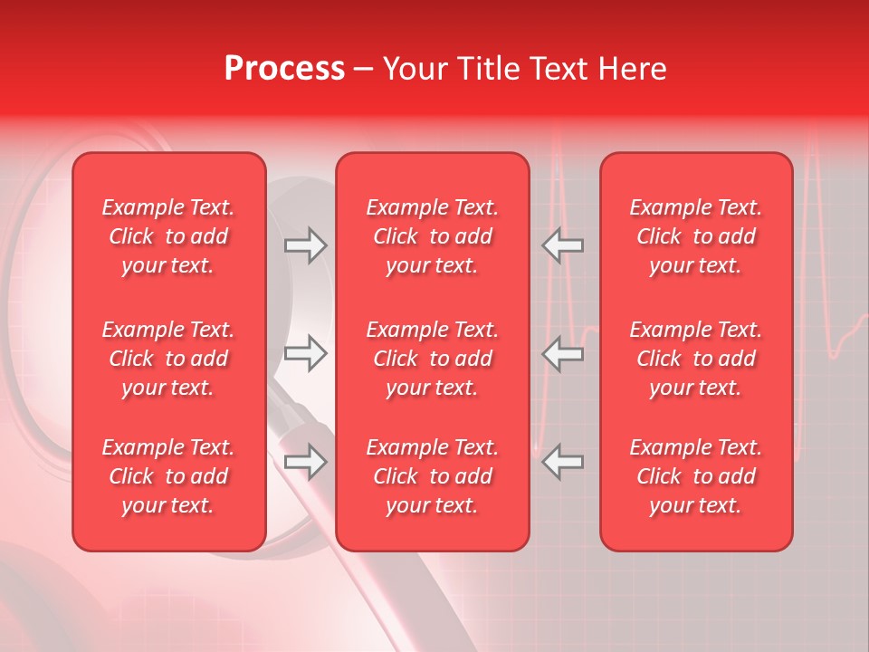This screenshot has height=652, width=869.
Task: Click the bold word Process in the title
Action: [x=284, y=69]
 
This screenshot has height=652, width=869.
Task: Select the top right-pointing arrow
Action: [x=305, y=245]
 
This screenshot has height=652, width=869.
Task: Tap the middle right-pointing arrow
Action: [x=305, y=354]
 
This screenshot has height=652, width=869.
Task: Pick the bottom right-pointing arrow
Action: [x=305, y=463]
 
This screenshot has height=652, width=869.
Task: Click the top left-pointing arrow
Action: [x=562, y=245]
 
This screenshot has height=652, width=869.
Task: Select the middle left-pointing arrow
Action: [x=562, y=354]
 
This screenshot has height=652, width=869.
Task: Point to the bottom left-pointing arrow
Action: [x=562, y=463]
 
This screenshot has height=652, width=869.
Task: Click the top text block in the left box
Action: [x=168, y=236]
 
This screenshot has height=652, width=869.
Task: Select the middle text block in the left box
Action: [x=168, y=359]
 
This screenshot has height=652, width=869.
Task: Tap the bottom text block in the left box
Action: [x=168, y=476]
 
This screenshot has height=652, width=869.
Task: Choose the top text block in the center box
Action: [x=432, y=236]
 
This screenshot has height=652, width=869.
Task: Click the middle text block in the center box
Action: [x=432, y=359]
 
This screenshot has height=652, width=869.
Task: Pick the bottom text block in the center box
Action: [x=432, y=476]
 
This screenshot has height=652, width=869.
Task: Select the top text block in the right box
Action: [x=695, y=236]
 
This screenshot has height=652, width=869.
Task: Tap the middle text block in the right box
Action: [x=695, y=359]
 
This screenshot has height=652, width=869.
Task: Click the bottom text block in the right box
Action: [x=695, y=476]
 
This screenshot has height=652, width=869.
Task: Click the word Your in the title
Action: [x=414, y=69]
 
